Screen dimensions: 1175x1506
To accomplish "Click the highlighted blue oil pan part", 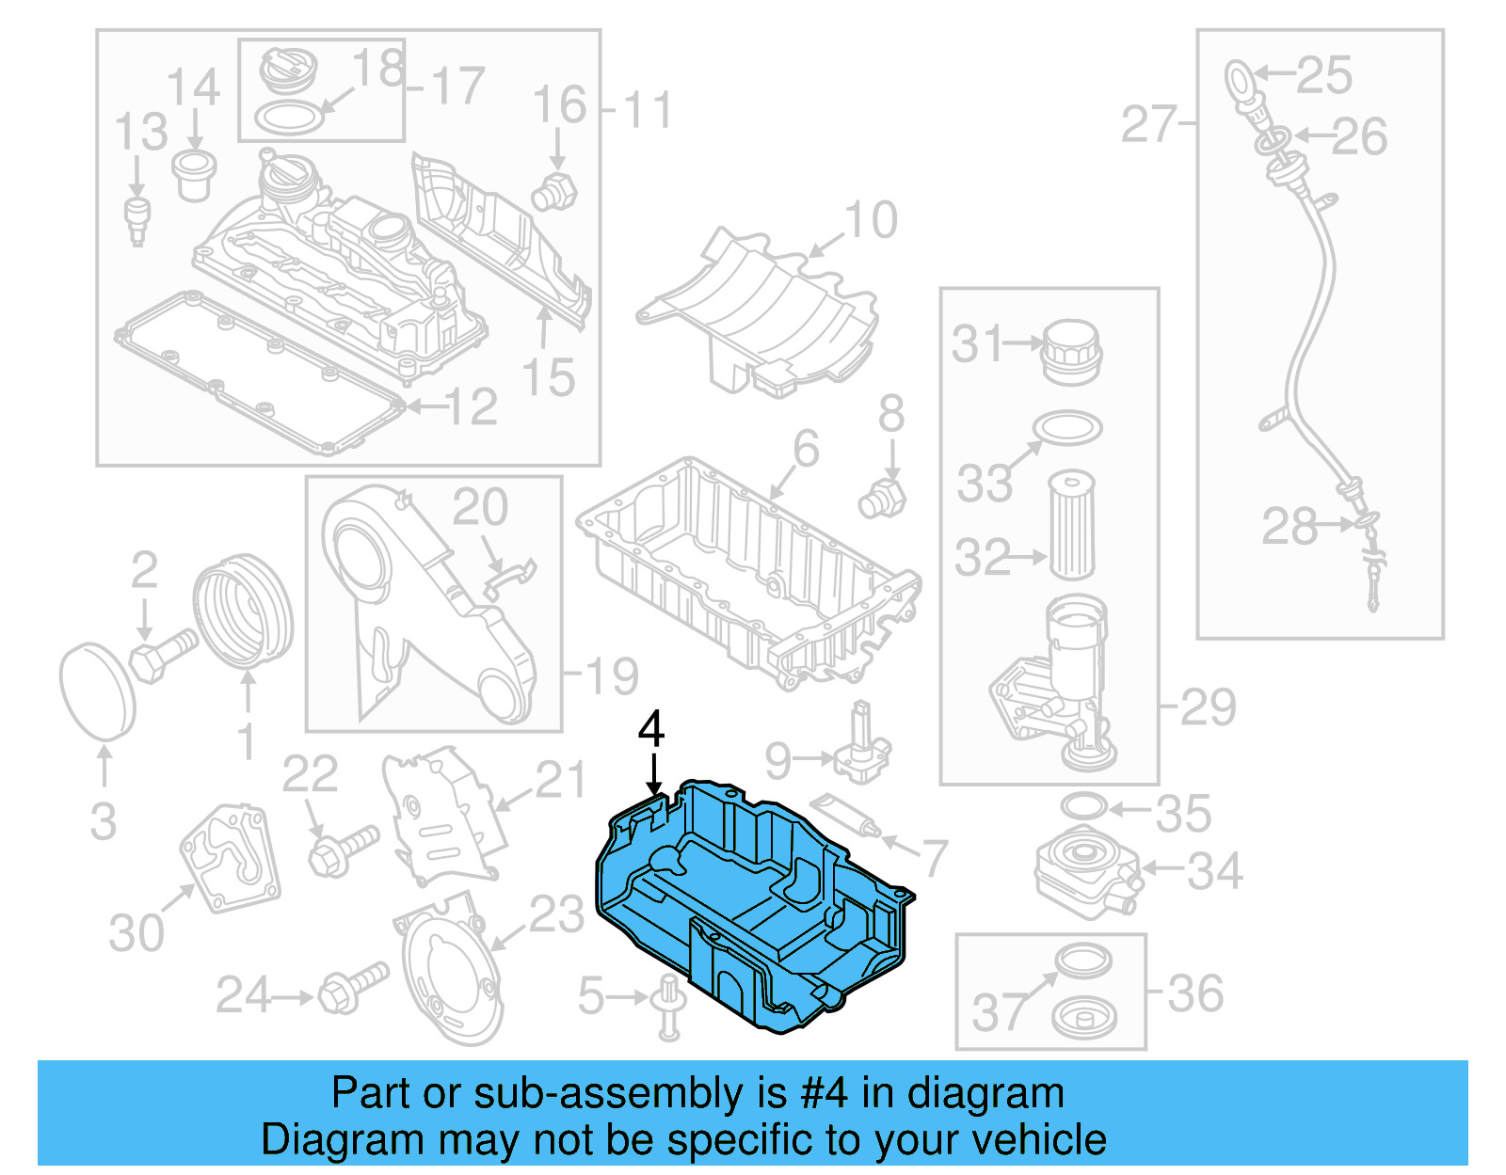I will pos(753,903).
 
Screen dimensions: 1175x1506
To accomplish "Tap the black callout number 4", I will pos(651,731).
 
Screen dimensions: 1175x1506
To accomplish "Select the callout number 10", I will pos(871,221).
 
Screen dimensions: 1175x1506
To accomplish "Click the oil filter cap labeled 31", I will pos(1070,351).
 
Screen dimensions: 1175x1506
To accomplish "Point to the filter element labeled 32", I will pos(1071,526).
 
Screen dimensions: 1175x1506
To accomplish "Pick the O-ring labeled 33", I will pos(1067,427).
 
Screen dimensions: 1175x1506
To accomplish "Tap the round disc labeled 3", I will pos(97,691).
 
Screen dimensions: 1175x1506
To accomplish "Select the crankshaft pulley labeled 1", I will pos(243,611).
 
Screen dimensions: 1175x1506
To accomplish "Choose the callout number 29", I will pos(1208,707).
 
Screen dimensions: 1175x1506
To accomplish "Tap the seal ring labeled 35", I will pos(1083,806).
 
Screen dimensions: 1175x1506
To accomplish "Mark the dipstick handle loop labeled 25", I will pos(1238,76).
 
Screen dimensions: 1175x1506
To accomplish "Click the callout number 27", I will pos(1148,125).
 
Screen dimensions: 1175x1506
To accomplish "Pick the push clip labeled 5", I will pos(668,1007).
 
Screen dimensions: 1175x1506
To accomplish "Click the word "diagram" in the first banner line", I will pos(985,1094).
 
